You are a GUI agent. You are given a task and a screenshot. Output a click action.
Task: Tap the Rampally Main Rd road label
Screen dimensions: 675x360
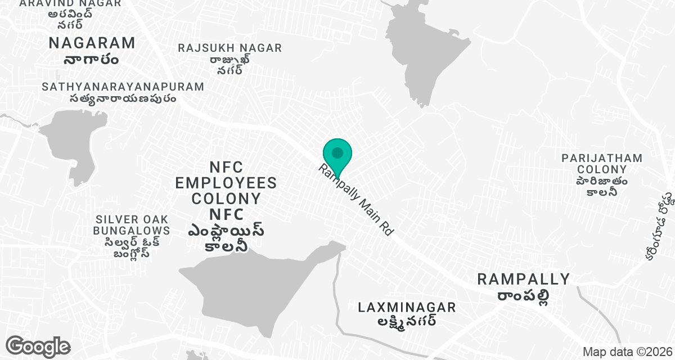pos(355,200)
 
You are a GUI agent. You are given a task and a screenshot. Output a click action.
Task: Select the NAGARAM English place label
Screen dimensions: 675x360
pos(92,43)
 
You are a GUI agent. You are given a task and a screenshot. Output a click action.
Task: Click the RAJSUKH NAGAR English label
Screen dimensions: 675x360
pos(229,48)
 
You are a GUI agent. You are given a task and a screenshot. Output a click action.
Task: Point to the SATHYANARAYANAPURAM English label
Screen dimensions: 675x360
pos(123,87)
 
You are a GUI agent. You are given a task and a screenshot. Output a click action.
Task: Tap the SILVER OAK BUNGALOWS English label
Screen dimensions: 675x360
pos(132,224)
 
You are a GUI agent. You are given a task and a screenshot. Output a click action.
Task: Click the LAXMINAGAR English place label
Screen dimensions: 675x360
pos(407,307)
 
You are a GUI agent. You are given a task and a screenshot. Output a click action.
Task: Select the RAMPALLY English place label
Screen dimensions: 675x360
pos(523,279)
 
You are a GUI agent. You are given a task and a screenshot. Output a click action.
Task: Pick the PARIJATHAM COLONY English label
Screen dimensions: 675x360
pos(601,164)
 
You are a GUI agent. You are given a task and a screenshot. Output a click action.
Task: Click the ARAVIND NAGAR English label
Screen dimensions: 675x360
pos(70,3)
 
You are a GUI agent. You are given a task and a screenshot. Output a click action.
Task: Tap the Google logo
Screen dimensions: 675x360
pos(38,346)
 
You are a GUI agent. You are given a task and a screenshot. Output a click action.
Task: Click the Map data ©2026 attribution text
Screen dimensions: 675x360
pos(627,352)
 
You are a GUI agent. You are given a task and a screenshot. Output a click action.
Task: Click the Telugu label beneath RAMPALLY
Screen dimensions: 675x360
pos(523,296)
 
